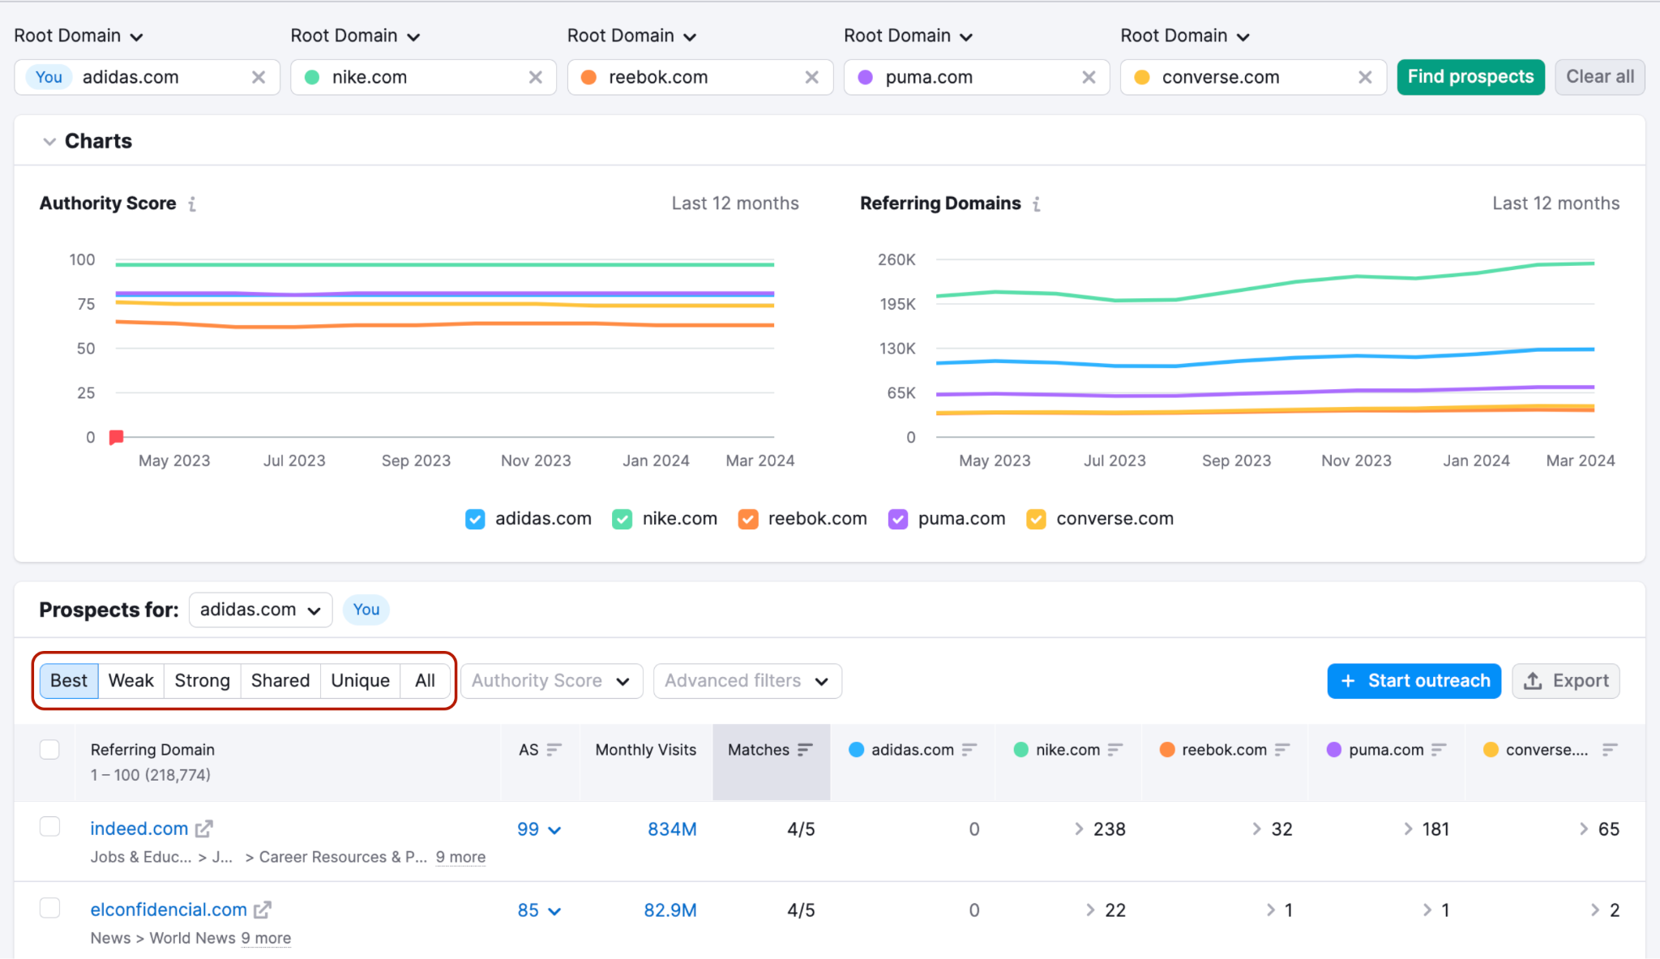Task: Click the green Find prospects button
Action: point(1470,77)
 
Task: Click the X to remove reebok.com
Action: point(811,77)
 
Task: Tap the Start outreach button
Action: point(1414,681)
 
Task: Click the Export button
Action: point(1566,681)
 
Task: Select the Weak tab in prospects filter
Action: point(131,681)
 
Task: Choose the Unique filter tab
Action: point(361,681)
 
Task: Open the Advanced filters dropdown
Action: point(747,681)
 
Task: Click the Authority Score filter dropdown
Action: point(552,681)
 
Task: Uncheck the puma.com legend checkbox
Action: point(898,519)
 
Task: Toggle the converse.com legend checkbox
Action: point(1036,519)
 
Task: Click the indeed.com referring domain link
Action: point(139,828)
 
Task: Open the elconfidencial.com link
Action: point(169,910)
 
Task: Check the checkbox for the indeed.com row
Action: point(49,826)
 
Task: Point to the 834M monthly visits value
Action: point(672,829)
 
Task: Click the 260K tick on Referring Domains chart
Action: point(896,259)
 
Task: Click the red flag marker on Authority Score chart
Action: point(117,438)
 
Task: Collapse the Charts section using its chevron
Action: point(49,142)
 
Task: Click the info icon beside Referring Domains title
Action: point(1037,204)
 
